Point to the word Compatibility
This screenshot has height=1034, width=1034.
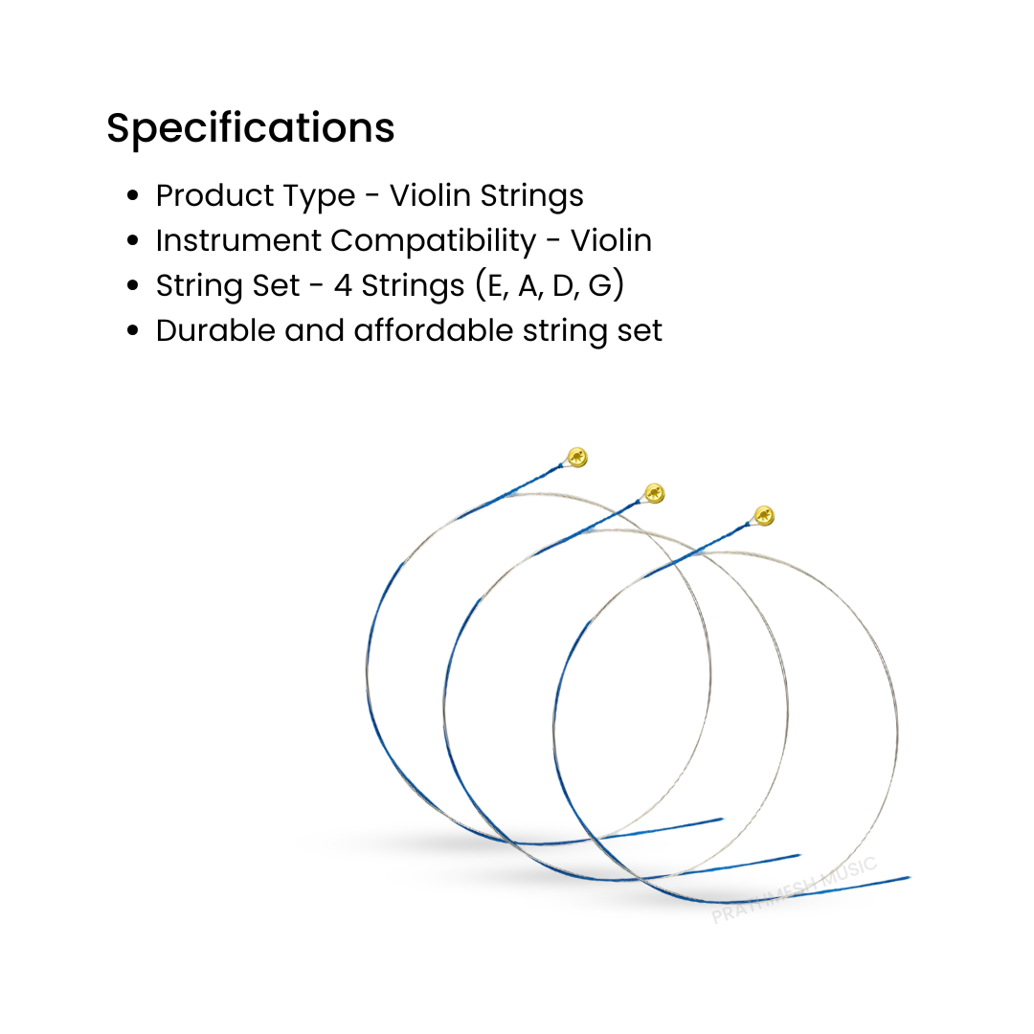tap(434, 241)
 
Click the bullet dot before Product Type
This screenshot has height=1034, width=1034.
tap(134, 196)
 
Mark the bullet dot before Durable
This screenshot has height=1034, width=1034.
tap(134, 331)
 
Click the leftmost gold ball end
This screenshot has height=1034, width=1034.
tap(576, 457)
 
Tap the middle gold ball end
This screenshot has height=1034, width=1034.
tap(654, 494)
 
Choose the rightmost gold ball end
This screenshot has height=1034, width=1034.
tap(763, 516)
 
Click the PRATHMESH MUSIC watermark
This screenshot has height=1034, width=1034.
tap(794, 890)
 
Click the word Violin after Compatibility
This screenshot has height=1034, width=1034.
tap(611, 240)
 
